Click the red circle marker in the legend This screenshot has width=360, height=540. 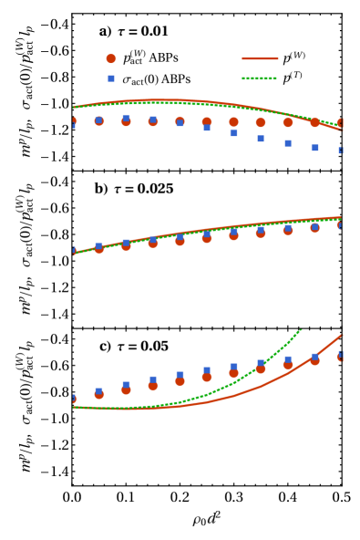tap(111, 58)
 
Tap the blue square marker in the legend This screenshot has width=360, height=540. tap(111, 78)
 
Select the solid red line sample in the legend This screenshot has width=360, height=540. tap(260, 58)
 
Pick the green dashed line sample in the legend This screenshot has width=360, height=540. tap(260, 78)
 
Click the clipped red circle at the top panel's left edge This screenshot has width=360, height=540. tap(74, 120)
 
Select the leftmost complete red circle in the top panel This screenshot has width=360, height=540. tap(99, 120)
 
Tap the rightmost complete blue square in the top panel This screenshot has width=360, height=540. tap(314, 148)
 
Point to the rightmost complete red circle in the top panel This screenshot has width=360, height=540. tap(314, 122)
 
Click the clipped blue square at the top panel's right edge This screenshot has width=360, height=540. tap(341, 151)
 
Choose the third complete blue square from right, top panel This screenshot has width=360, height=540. tap(261, 139)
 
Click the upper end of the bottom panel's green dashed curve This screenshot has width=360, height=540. tap(300, 330)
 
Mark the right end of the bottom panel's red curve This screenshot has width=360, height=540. tap(341, 335)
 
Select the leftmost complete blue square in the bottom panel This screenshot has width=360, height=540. tap(99, 391)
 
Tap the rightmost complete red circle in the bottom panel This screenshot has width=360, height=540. tap(314, 360)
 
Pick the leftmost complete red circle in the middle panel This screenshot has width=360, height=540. tap(99, 248)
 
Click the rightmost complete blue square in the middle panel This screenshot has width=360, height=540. tap(314, 226)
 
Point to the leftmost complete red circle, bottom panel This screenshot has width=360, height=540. tap(99, 395)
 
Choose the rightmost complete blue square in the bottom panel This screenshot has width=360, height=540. tap(314, 357)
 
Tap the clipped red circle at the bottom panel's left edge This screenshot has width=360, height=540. tap(74, 399)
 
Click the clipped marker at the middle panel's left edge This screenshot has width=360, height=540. tap(74, 251)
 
